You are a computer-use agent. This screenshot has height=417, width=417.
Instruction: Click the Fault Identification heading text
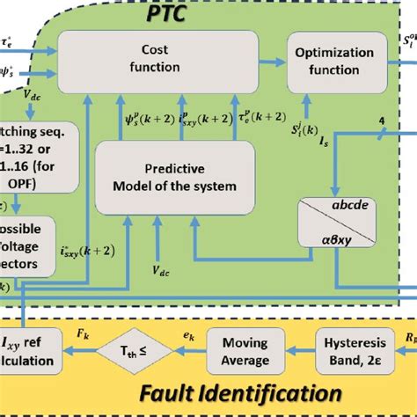coord(240,392)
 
